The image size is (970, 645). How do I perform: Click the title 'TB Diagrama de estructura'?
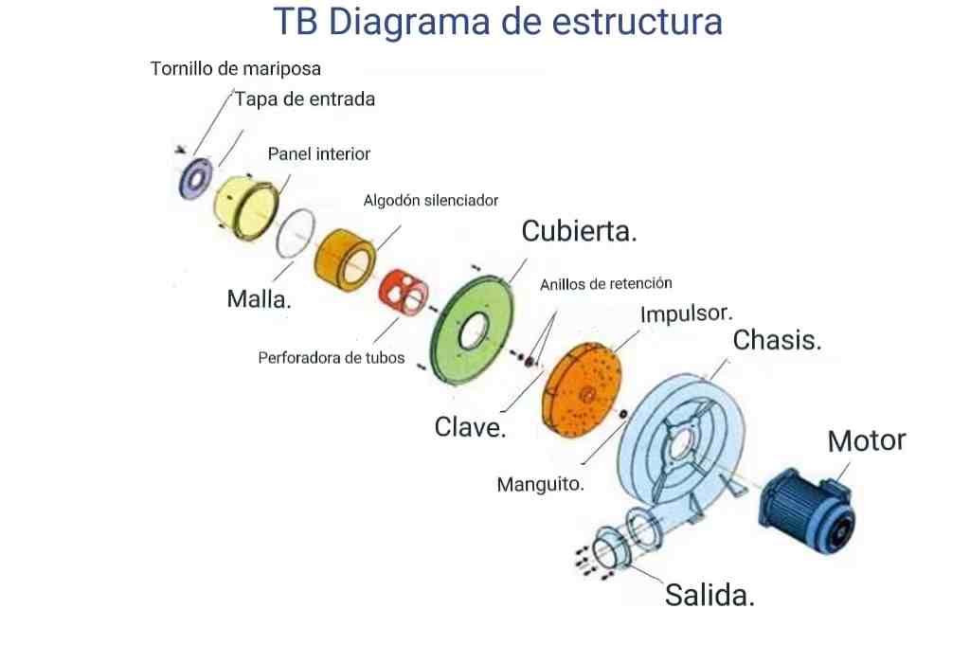497,23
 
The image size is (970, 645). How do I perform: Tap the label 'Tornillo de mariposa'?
235,68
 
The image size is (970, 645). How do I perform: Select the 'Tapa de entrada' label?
305,99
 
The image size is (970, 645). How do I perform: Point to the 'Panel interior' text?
318,154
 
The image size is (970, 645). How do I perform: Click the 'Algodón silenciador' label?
431,201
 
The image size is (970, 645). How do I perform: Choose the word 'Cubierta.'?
579,231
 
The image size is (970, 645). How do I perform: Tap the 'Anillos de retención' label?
605,284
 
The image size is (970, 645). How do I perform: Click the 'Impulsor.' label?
686,314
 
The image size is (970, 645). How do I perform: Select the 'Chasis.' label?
777,340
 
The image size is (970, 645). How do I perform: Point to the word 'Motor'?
866,441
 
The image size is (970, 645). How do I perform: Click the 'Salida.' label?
710,595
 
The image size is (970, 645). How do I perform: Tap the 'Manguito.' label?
541,484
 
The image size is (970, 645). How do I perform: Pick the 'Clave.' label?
470,427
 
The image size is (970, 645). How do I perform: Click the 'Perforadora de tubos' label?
331,358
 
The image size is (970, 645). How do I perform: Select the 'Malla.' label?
260,299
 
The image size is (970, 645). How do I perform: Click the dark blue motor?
807,511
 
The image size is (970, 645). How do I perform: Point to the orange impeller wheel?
582,389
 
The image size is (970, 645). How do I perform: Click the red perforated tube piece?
404,292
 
